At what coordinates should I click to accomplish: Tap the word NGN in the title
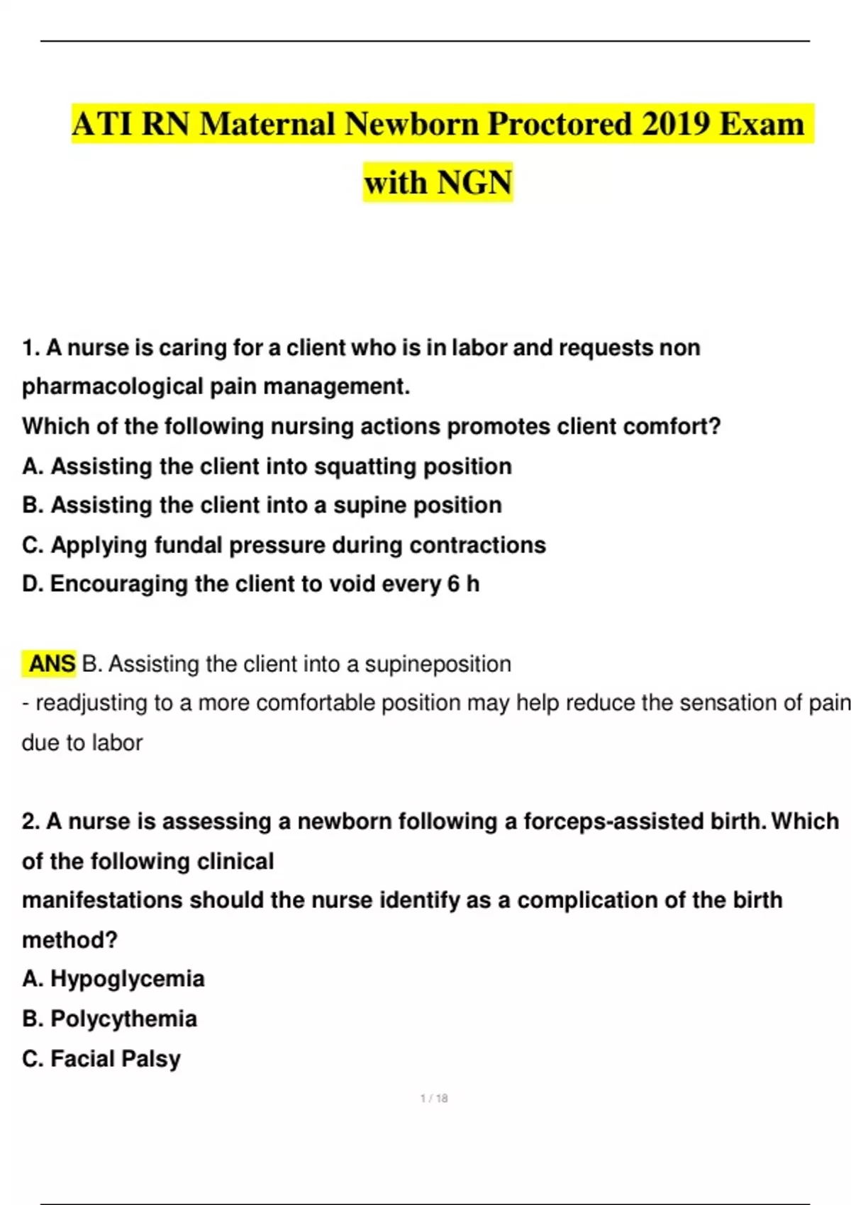474,182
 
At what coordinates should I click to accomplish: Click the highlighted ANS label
51,664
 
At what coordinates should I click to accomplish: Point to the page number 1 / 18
434,1098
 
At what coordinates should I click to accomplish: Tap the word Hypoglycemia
128,979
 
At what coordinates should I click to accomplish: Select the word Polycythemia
123,1019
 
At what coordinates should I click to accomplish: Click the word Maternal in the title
267,125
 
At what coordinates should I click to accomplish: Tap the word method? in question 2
69,940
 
